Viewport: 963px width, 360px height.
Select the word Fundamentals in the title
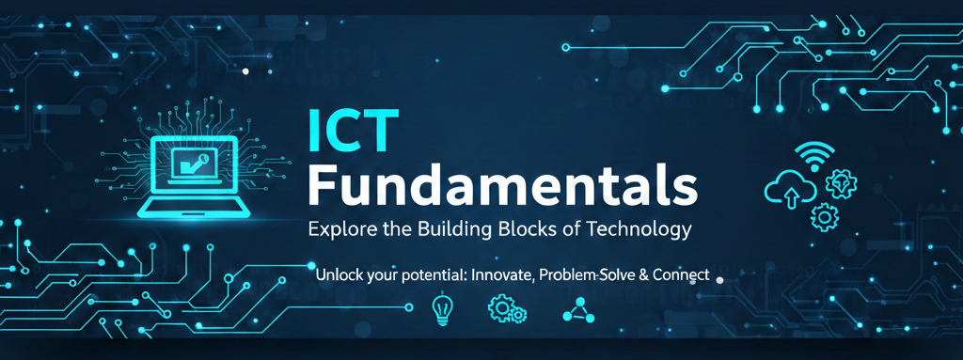point(504,185)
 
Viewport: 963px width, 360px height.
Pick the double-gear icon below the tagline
point(507,310)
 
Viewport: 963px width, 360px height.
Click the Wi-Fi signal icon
point(814,155)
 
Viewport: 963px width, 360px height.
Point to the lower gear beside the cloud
point(825,216)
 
